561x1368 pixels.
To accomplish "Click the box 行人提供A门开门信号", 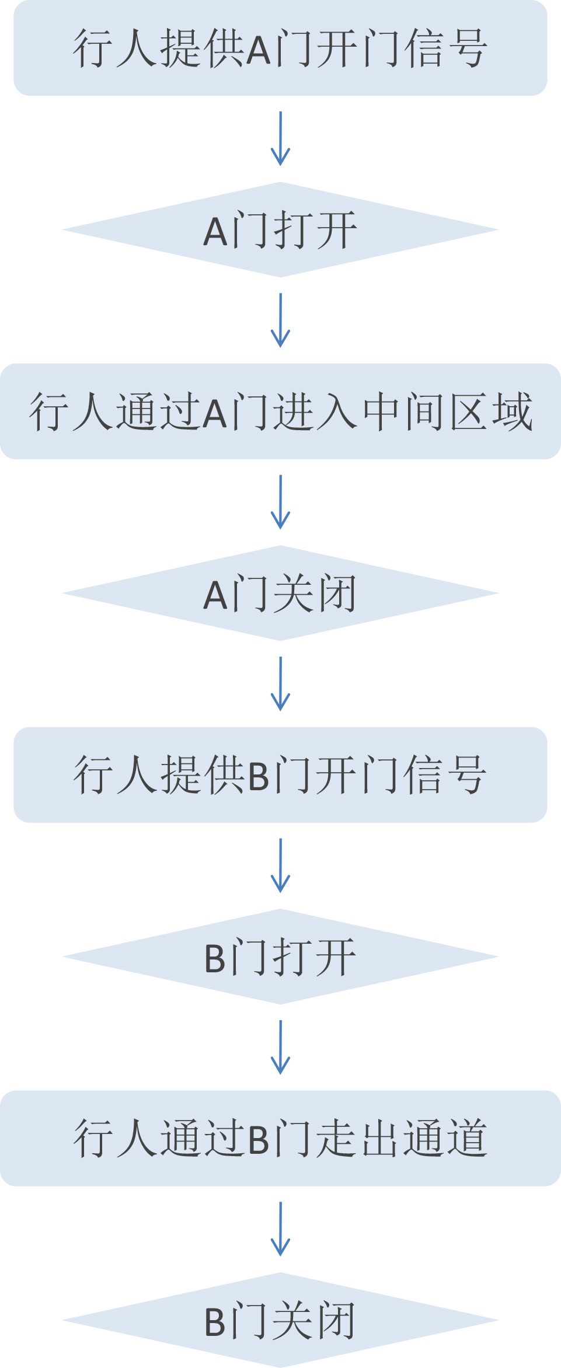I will (280, 48).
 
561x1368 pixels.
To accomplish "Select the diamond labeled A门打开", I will (280, 230).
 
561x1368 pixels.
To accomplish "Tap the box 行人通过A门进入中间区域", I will (280, 411).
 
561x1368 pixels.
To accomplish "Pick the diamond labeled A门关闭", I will (280, 594).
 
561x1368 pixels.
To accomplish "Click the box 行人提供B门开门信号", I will (280, 775).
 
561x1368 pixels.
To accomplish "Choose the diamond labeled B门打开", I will (280, 957).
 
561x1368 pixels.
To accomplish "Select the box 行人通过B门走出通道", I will (280, 1138).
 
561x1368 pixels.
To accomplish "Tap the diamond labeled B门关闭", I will (280, 1320).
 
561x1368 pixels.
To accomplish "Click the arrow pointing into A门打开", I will (280, 139).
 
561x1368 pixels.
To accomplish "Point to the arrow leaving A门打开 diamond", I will (280, 320).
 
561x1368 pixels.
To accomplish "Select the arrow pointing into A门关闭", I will (280, 502).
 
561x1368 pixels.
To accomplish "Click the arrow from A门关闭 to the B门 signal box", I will (280, 684).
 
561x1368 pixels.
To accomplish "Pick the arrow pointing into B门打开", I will (280, 866).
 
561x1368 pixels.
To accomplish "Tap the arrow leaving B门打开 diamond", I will (280, 1047).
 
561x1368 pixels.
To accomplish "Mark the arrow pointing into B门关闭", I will (280, 1229).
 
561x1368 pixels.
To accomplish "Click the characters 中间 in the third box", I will (405, 412).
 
